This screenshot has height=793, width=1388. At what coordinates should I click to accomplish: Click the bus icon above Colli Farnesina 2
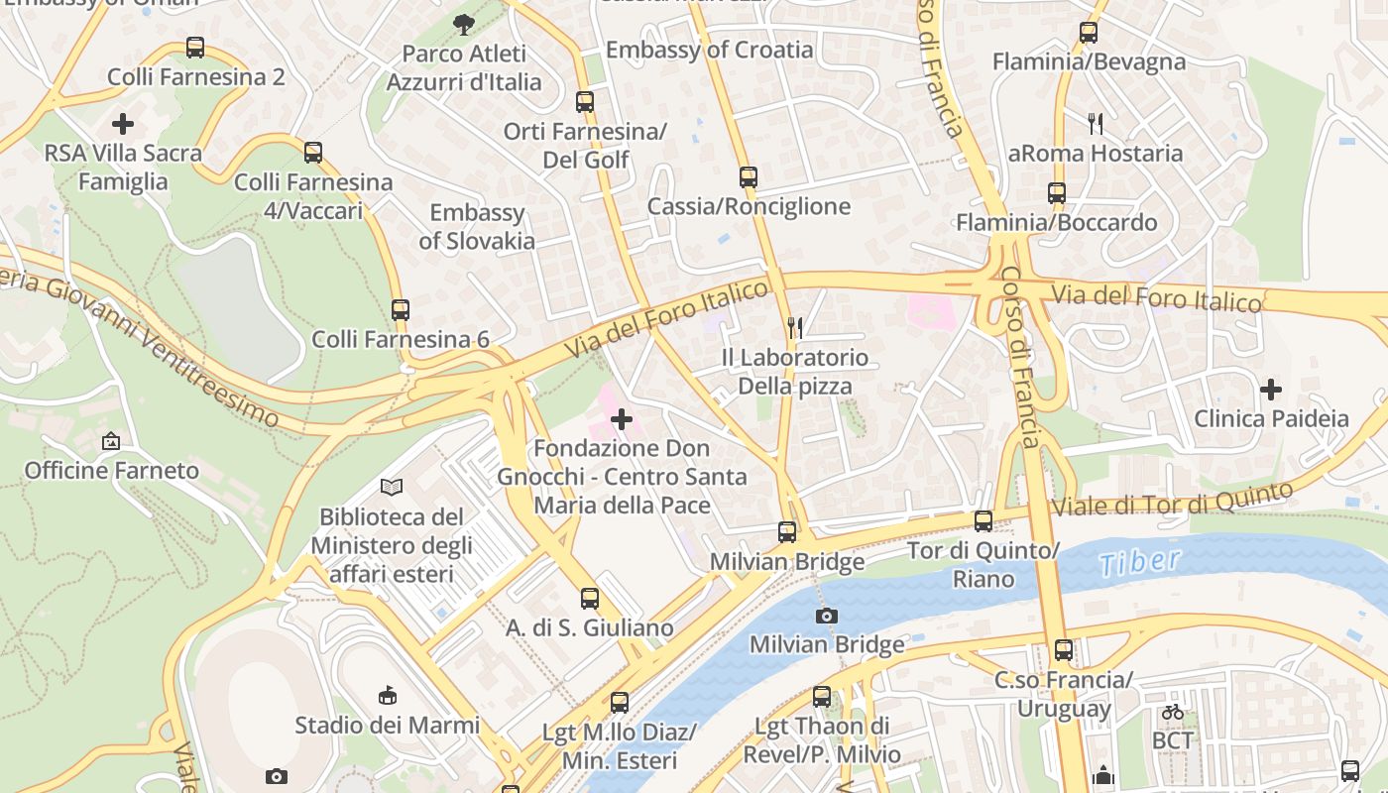coord(195,47)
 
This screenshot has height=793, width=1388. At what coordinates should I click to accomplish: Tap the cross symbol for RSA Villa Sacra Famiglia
coord(123,124)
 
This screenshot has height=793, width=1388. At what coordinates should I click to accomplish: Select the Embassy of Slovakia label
coord(477,227)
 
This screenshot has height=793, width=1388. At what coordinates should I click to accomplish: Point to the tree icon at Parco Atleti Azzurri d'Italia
coord(463,24)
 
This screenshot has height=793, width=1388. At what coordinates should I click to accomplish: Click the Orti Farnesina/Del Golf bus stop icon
coord(585,101)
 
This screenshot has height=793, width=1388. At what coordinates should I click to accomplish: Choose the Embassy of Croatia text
coord(709,50)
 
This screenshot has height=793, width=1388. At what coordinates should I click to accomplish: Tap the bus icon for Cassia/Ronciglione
coord(749,177)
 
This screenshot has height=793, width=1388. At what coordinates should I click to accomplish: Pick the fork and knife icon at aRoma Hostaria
coord(1096,124)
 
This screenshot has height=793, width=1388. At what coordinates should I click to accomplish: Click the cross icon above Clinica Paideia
coord(1271,389)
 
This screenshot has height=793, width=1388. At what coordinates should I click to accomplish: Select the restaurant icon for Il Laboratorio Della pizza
coord(795,328)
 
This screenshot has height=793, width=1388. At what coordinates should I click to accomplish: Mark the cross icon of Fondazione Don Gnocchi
coord(622,420)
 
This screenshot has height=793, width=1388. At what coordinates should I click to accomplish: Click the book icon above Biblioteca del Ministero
coord(392,487)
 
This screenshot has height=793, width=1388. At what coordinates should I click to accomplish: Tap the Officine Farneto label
coord(112,470)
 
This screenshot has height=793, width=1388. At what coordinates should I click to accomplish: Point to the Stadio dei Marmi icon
coord(388,695)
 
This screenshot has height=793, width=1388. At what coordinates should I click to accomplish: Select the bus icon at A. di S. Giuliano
coord(590,598)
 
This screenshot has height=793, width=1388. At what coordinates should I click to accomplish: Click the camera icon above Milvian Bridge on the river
coord(827,616)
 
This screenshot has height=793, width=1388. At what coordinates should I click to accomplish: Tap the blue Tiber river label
coord(1140,562)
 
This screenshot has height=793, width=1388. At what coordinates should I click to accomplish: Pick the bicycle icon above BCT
coord(1173,711)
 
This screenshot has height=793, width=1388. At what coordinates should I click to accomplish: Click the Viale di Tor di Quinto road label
coord(1172,499)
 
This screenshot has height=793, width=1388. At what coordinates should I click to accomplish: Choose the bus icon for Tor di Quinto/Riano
coord(983,520)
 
